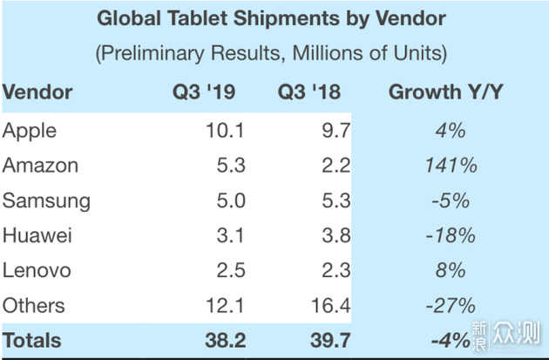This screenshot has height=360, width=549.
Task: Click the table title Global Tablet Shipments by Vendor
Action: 271,18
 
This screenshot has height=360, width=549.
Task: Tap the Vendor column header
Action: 37,92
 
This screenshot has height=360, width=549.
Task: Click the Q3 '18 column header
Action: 310,92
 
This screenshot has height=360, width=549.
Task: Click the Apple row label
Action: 30,131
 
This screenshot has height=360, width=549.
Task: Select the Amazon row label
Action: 40,166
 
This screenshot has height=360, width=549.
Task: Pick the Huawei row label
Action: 37,235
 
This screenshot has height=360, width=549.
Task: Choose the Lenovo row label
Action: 37,270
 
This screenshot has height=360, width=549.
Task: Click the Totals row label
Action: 32,340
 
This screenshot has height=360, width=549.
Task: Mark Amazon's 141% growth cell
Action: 451,166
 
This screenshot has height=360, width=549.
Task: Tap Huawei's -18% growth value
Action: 451,235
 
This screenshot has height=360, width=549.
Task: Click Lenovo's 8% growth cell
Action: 451,270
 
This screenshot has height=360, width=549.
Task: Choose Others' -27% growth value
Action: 451,305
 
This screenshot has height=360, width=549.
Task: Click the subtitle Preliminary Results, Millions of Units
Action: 271,52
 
